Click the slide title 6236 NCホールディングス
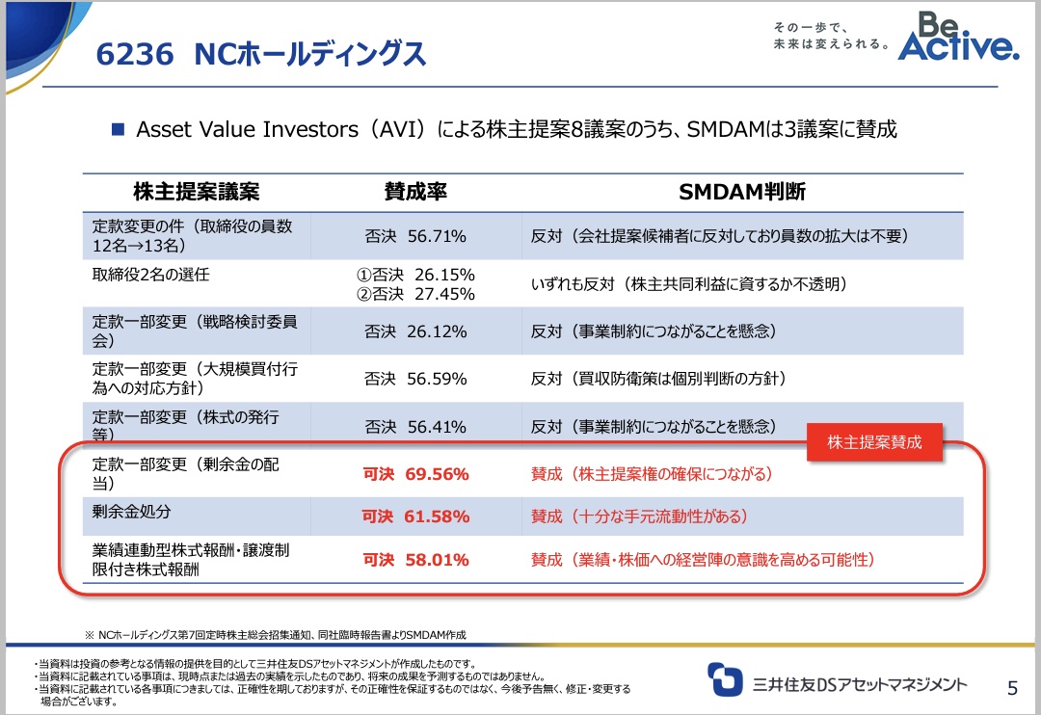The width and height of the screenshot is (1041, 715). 261,54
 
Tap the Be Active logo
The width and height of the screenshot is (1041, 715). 957,38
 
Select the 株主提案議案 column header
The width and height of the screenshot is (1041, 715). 196,191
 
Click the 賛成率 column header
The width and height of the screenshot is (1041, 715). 415,191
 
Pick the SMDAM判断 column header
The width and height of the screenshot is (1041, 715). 742,191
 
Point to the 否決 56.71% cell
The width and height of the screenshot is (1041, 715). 415,236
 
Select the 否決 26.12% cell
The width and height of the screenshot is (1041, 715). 415,331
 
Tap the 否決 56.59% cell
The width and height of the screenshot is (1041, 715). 415,379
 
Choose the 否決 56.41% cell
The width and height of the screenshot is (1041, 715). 415,427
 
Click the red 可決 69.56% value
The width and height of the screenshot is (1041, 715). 415,474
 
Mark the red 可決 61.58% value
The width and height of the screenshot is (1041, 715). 415,517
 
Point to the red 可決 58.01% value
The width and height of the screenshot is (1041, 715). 415,560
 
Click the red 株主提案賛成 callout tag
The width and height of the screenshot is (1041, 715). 874,442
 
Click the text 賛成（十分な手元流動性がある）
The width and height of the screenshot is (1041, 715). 639,517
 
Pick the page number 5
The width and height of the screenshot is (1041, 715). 1012,687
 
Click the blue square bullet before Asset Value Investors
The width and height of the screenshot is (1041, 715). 120,128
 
